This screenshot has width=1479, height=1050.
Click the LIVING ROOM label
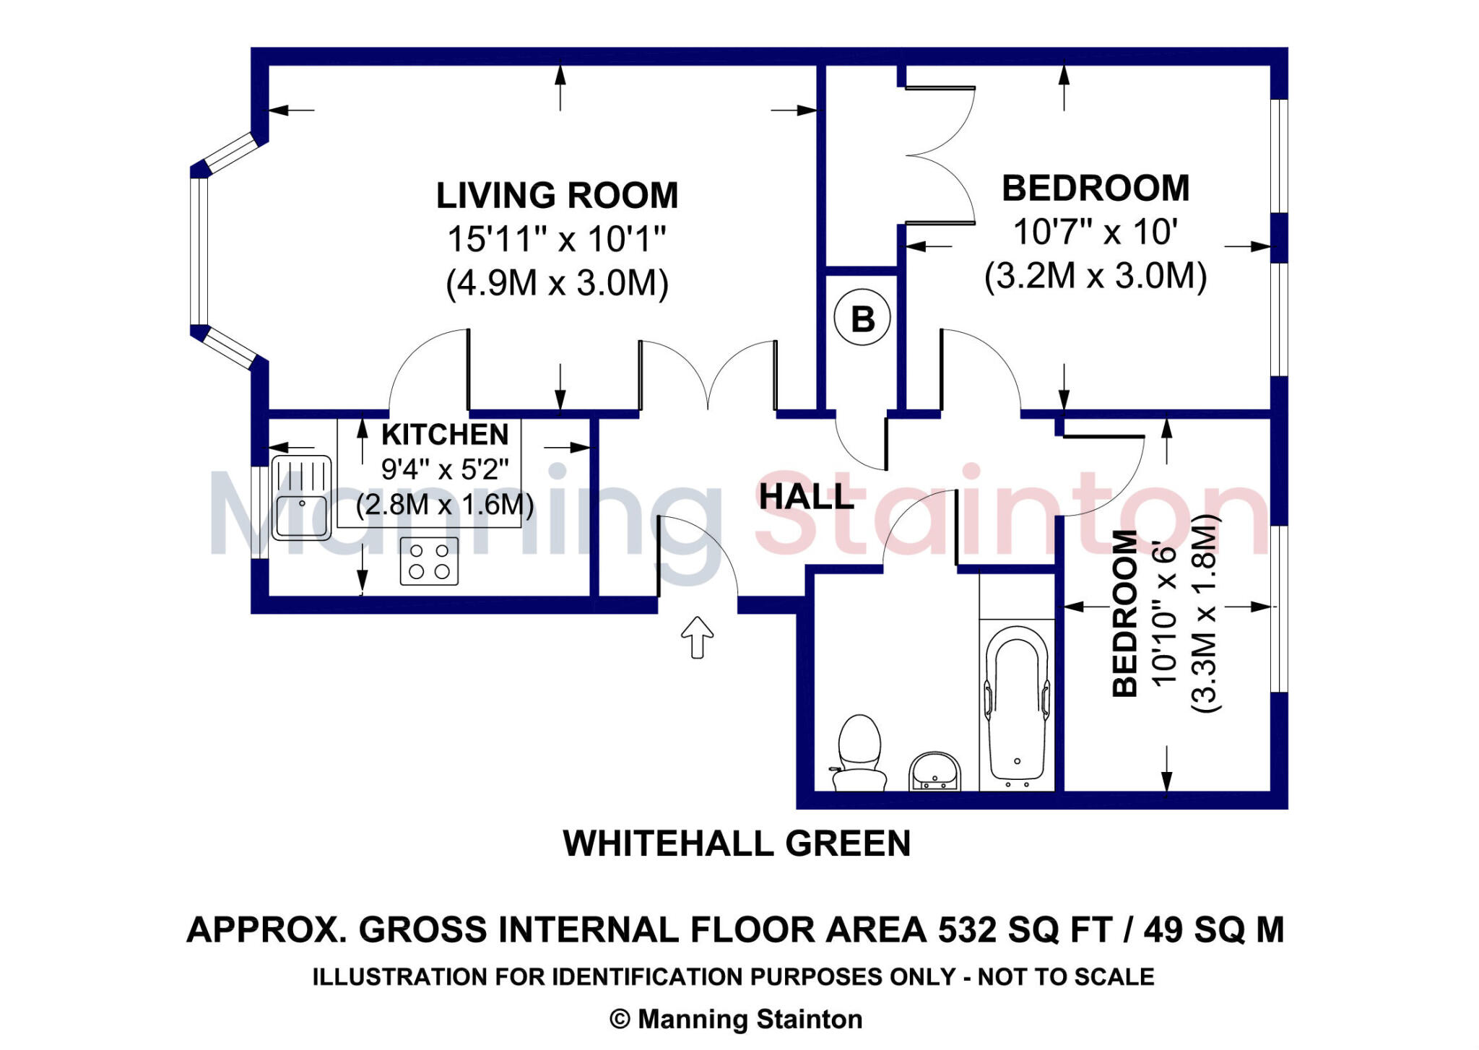point(557,196)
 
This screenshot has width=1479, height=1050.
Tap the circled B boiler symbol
point(862,318)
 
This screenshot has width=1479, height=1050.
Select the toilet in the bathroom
point(859,754)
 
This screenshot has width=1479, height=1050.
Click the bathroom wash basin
point(934,771)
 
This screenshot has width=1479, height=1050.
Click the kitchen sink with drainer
point(301,498)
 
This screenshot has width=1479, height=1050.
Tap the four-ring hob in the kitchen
point(429,561)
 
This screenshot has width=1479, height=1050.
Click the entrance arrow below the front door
point(697,637)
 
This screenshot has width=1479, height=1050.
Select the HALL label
point(806,497)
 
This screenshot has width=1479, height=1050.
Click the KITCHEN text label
point(445,435)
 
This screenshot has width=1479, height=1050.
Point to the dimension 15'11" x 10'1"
point(557,239)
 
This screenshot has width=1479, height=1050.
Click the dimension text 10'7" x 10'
point(1095,233)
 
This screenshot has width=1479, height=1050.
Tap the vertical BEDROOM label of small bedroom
point(1124,613)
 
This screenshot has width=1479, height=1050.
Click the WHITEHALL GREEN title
point(737,843)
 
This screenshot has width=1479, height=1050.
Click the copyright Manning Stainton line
point(737,1019)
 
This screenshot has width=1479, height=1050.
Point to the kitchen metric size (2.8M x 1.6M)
point(445,505)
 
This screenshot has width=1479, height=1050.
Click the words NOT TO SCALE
point(1066,977)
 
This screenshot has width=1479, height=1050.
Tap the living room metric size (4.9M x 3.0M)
point(557,283)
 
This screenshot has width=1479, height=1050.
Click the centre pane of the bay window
point(199,251)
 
